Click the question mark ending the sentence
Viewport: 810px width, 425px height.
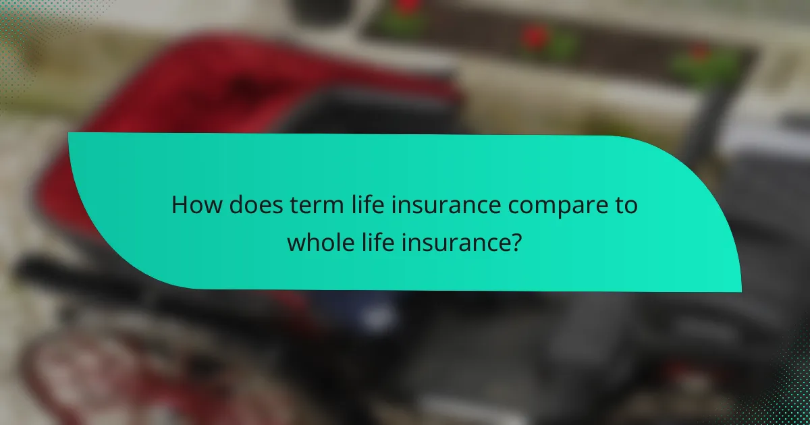(x=516, y=241)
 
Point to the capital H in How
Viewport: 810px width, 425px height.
(x=180, y=205)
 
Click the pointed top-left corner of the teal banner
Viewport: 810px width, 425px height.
(x=70, y=134)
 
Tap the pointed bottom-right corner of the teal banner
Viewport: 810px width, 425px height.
(x=740, y=291)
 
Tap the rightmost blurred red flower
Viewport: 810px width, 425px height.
(x=699, y=54)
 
